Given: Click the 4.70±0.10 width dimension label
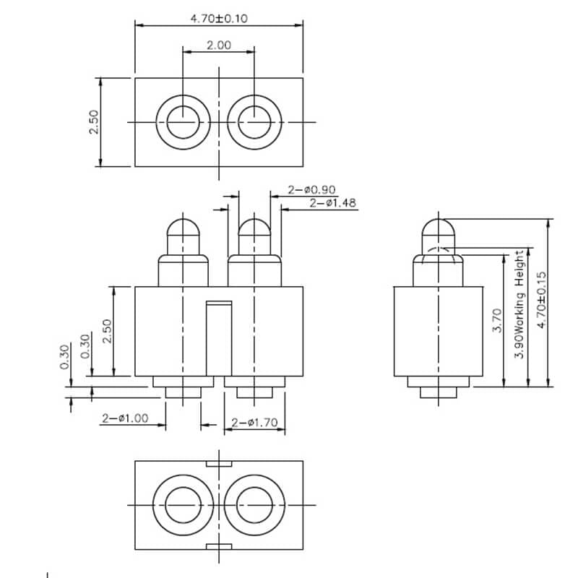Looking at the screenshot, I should [x=219, y=19].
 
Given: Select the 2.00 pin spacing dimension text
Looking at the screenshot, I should [x=219, y=45].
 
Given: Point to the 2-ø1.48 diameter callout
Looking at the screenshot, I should [x=332, y=204].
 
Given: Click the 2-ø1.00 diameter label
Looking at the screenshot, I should [x=124, y=418].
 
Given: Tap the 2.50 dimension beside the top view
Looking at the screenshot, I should [x=93, y=122].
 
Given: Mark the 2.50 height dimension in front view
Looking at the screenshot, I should [x=106, y=331].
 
